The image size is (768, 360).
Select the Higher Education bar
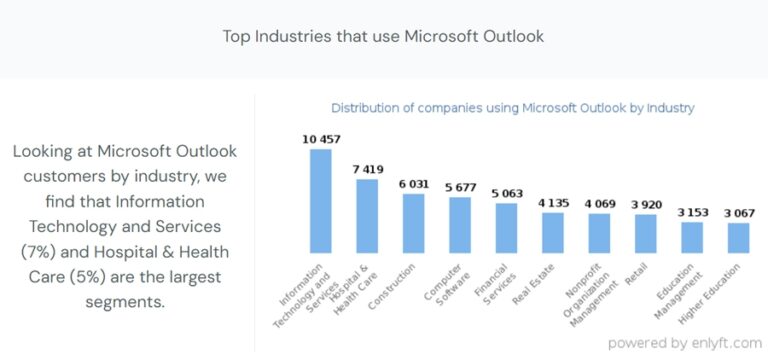[x=739, y=237]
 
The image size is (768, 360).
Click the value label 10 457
[x=321, y=139]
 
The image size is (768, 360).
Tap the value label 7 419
[x=367, y=169]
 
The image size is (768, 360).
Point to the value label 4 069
[x=599, y=203]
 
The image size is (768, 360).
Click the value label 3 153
[x=692, y=211]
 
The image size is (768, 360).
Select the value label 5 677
[x=460, y=186]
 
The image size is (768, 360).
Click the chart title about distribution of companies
[x=512, y=107]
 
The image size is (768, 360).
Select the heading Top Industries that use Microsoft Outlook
[x=384, y=37]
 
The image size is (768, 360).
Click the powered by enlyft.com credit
[x=685, y=342]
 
